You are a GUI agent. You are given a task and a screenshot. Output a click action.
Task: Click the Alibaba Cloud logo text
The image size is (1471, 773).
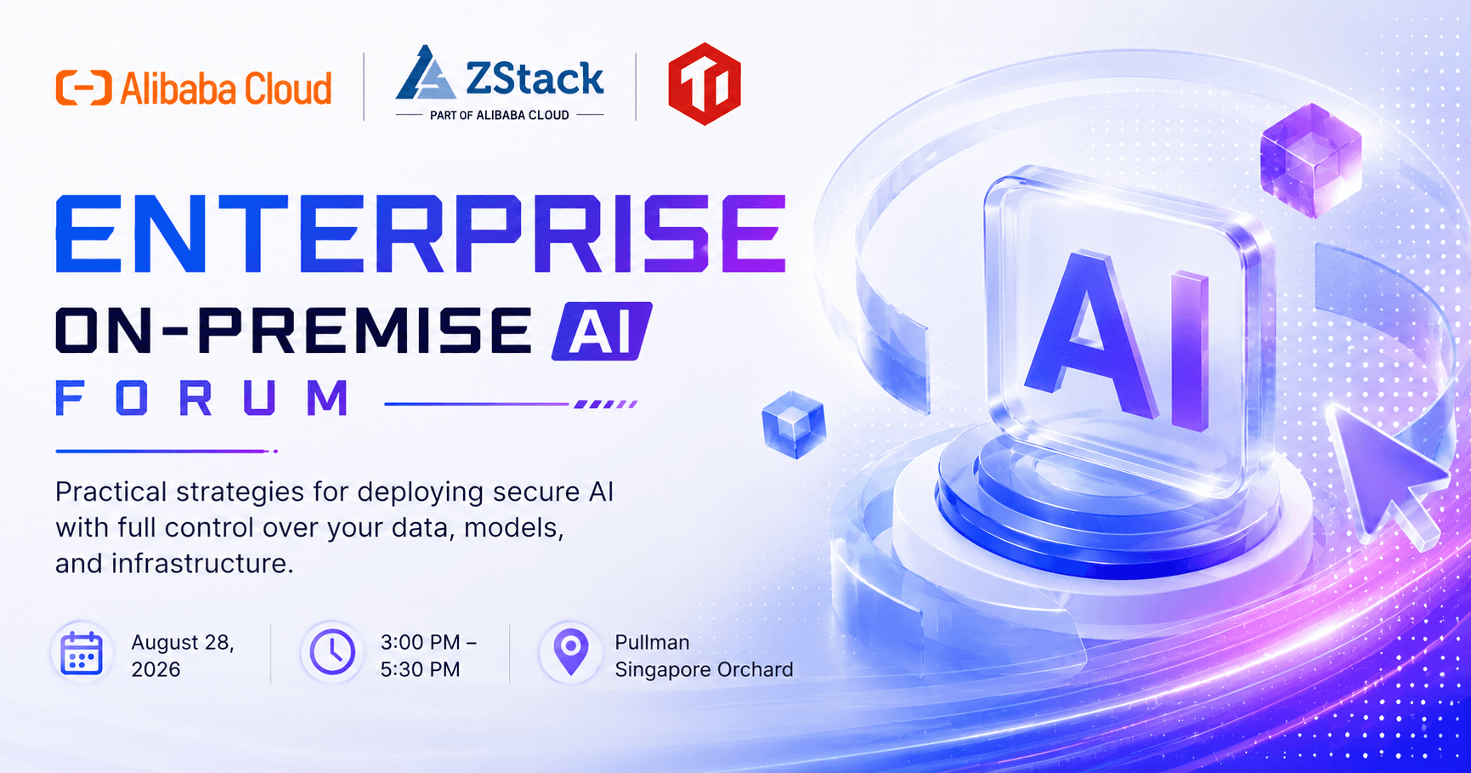coord(226,88)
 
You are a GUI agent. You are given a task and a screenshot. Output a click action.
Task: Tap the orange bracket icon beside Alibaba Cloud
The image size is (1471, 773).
coord(83,88)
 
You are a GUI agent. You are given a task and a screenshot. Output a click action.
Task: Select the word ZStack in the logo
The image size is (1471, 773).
coord(535,78)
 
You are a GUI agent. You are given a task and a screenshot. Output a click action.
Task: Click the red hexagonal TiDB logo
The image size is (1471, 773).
coord(704,84)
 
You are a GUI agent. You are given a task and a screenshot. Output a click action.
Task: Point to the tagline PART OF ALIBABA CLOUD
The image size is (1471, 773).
coord(500,115)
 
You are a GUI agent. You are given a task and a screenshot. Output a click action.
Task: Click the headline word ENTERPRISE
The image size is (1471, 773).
coord(421,234)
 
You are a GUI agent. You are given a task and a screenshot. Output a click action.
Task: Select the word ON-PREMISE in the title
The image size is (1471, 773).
coord(294,331)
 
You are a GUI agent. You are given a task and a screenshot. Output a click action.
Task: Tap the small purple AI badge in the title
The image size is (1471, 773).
coord(602,331)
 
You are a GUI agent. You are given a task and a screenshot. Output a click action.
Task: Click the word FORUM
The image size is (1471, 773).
coord(202,398)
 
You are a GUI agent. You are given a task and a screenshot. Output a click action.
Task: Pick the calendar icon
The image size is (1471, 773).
coord(82,654)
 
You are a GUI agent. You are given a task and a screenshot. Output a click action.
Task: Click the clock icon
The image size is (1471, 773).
coord(332,652)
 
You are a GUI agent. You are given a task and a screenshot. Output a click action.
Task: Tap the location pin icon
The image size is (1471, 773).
coord(571,653)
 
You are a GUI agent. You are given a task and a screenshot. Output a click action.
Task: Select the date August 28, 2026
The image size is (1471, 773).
coord(183,656)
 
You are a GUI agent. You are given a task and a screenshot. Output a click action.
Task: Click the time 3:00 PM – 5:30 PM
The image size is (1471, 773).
coord(428,656)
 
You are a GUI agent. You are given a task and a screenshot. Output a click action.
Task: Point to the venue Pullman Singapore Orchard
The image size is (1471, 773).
coord(704,656)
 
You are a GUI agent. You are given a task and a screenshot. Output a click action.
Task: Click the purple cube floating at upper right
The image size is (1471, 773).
coord(1310,160)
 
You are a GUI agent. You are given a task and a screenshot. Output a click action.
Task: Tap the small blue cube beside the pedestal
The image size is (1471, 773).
coord(794,424)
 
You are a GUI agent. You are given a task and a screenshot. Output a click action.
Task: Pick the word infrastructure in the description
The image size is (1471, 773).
coord(202,563)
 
